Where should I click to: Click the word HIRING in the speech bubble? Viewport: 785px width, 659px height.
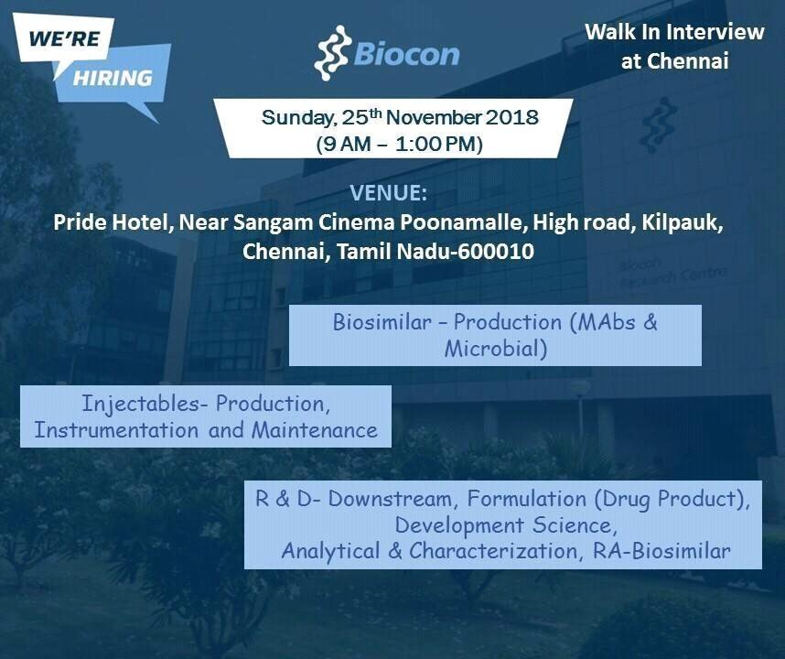(113, 78)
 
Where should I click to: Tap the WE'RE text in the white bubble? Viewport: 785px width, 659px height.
(65, 38)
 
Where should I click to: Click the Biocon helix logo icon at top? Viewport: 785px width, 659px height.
(332, 53)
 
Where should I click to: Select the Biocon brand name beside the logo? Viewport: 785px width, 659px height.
(406, 54)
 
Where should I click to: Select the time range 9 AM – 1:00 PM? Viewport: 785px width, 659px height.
(400, 145)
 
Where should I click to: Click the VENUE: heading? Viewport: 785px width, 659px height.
(389, 193)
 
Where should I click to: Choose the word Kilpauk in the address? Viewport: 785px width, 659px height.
(682, 222)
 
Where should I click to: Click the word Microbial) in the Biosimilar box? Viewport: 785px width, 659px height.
(496, 349)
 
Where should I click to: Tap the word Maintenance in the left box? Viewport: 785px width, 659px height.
(315, 430)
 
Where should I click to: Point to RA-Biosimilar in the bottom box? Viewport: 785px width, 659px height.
(661, 551)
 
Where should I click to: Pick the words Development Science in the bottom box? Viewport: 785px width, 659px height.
(503, 524)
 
